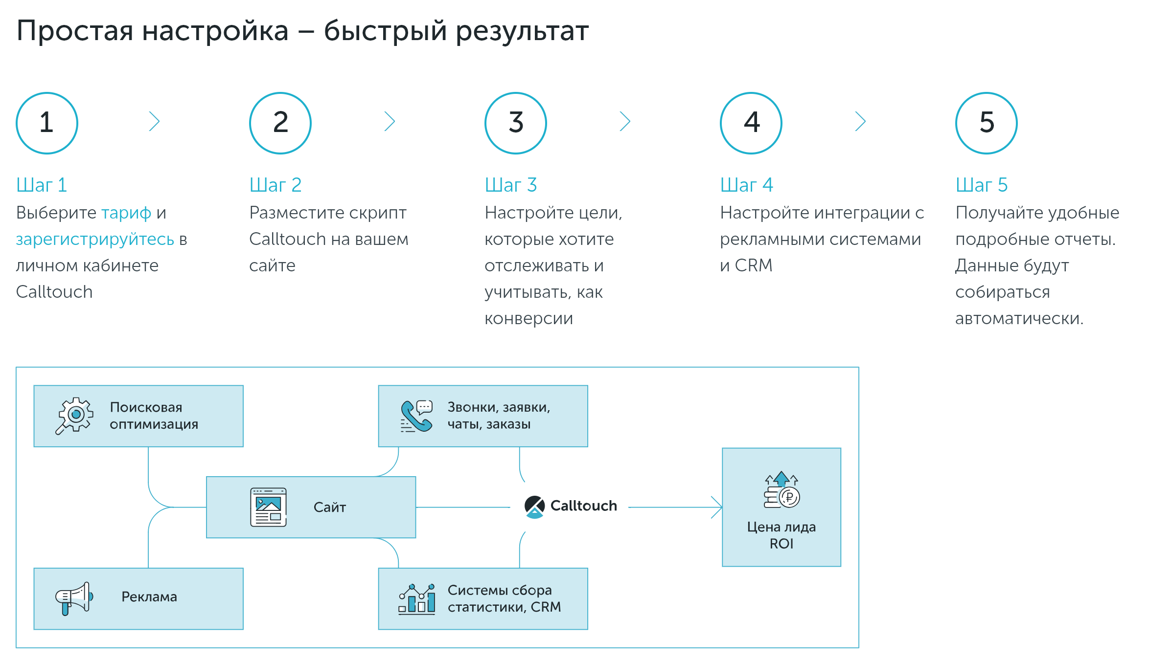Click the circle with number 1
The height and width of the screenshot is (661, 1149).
click(47, 123)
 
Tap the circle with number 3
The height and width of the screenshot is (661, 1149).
click(515, 123)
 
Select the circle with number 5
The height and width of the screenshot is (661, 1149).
click(986, 123)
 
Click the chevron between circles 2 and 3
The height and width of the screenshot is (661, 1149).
click(390, 121)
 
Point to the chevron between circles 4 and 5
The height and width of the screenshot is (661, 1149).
click(860, 121)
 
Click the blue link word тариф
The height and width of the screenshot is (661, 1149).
click(126, 213)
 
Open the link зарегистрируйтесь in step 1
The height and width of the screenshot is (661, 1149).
click(95, 240)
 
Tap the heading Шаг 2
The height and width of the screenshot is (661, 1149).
click(275, 185)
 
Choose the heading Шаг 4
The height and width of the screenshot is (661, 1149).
click(746, 185)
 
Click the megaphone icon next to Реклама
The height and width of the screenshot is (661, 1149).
click(74, 598)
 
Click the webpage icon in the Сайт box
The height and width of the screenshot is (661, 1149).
click(268, 507)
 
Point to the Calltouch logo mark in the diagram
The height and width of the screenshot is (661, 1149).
click(534, 507)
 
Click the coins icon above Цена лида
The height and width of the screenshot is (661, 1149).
click(781, 490)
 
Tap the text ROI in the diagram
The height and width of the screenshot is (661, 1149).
click(781, 544)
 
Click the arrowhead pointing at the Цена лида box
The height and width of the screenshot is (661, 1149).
click(717, 507)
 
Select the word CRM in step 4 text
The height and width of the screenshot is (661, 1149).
click(754, 265)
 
